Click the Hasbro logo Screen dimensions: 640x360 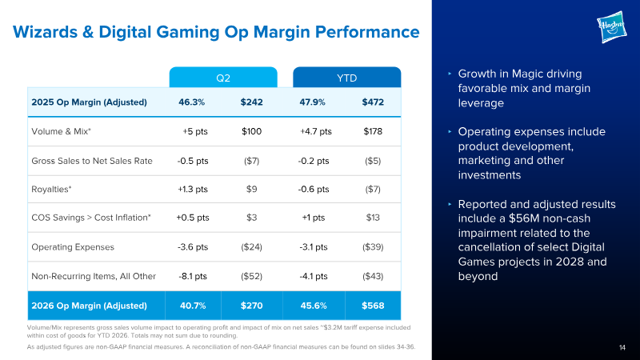(611, 27)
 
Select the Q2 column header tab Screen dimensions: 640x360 (223, 78)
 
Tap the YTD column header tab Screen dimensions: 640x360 (347, 78)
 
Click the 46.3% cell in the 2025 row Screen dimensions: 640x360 (192, 102)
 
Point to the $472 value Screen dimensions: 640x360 (373, 102)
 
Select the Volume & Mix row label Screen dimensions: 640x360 (62, 131)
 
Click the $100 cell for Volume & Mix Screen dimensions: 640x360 (251, 131)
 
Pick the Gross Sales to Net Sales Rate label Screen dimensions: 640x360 (92, 161)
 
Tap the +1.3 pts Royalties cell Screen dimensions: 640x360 (193, 190)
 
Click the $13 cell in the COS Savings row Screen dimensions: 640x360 (373, 218)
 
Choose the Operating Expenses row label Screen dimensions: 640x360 (73, 247)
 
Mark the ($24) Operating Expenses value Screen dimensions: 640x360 (251, 247)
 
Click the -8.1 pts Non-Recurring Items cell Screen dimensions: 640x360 (193, 276)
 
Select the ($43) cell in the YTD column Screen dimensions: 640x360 (373, 276)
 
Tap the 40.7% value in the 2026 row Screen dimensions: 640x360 (193, 306)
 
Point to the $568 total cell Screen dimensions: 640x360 (373, 306)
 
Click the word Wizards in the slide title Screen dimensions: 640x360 (45, 32)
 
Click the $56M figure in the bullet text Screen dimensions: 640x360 (522, 218)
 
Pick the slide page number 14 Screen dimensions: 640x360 (622, 347)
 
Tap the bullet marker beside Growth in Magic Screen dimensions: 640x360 (450, 74)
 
